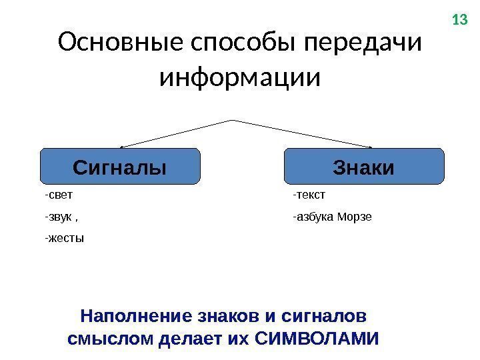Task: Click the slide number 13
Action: pyautogui.click(x=460, y=20)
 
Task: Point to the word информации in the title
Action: pyautogui.click(x=240, y=77)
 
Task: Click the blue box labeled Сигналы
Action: pyautogui.click(x=120, y=166)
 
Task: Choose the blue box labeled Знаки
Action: pyautogui.click(x=363, y=166)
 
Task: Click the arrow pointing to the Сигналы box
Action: pyautogui.click(x=177, y=133)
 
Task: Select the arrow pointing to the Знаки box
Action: pyautogui.click(x=303, y=133)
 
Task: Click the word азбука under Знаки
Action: pyautogui.click(x=315, y=217)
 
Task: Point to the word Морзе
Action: pyautogui.click(x=355, y=217)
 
